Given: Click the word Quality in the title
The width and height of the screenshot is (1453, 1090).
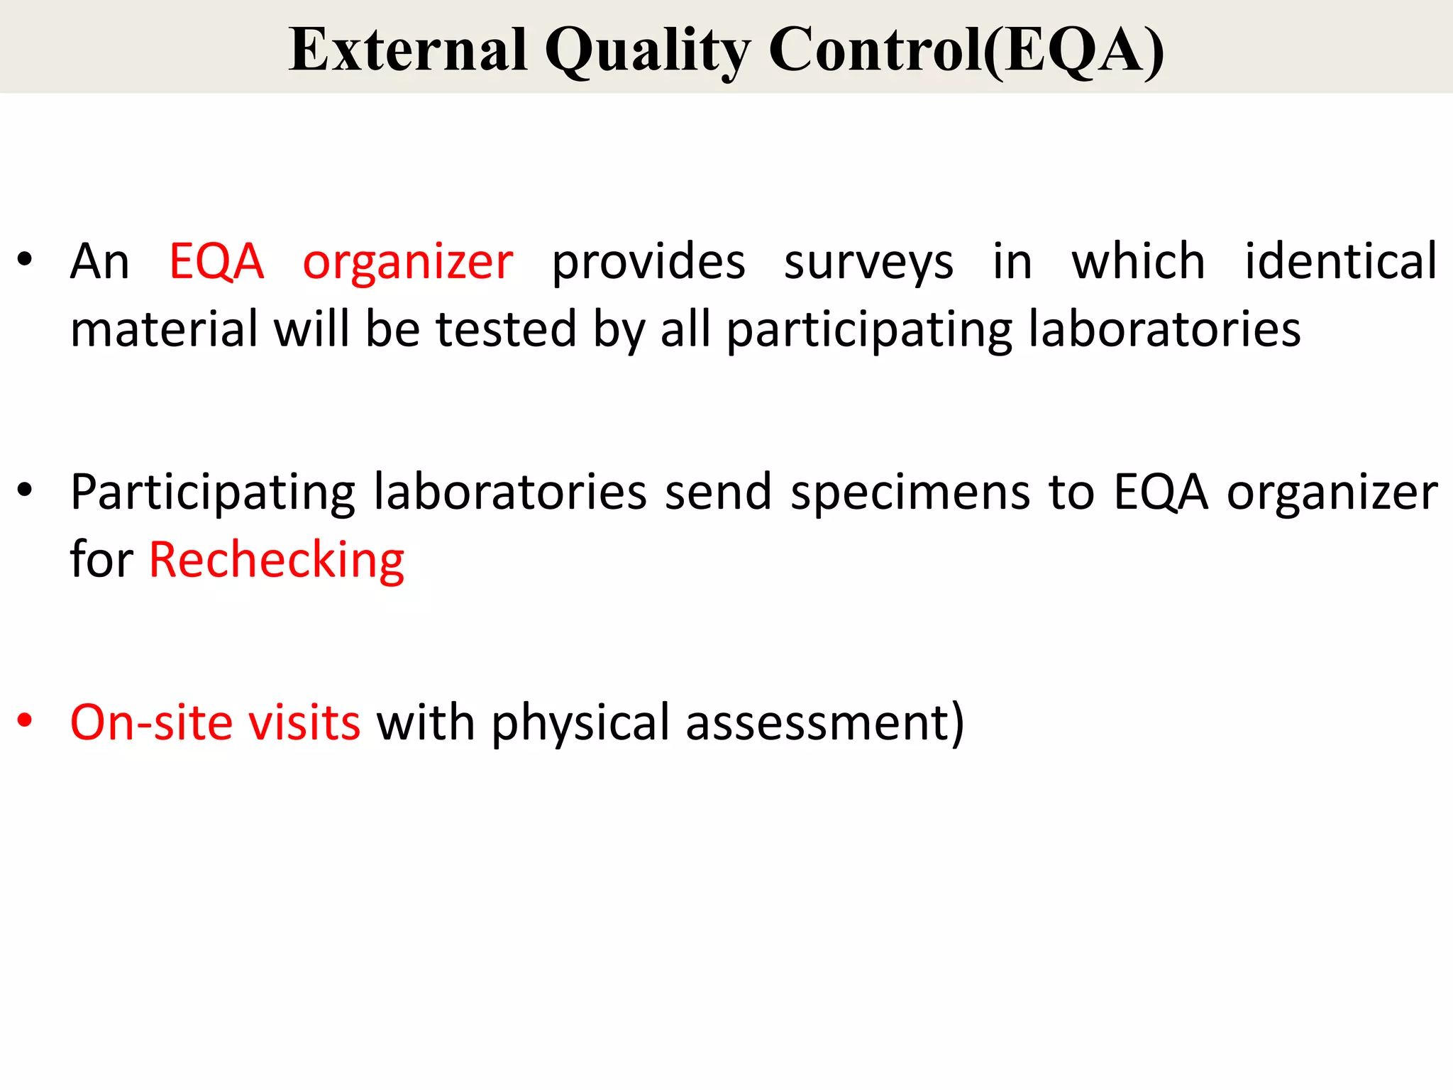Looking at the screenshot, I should (647, 51).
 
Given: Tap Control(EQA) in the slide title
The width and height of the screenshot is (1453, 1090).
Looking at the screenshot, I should (966, 51).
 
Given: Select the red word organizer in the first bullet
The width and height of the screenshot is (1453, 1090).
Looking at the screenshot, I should (408, 263).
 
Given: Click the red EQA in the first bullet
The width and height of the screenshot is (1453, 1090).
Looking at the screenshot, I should (216, 261).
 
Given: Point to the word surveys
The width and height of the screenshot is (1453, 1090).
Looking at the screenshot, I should (868, 263).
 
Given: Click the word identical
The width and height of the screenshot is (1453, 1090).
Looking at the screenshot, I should (1341, 261).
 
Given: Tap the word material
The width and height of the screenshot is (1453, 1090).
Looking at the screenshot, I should (164, 330).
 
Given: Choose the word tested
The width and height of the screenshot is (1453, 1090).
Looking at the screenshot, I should (506, 330).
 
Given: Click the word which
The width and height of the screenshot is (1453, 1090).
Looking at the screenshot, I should (1138, 261).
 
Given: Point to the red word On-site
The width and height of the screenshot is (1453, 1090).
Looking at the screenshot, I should (151, 722).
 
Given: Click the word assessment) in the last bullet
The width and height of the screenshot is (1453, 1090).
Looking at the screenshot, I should (825, 722).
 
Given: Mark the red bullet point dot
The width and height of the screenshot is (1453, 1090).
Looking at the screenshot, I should (25, 720).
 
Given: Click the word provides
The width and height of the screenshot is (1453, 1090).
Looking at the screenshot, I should (648, 263).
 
